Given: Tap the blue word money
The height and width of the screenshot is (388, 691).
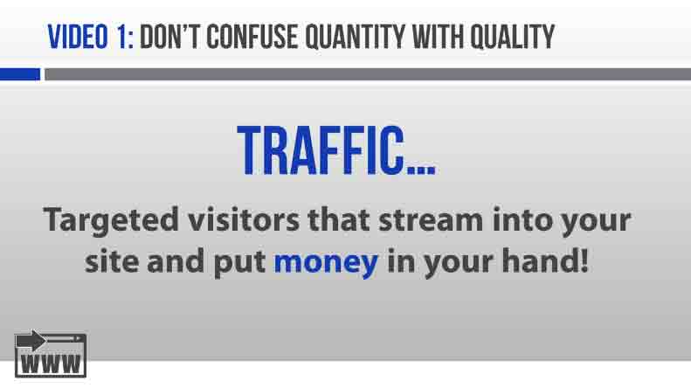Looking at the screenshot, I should pos(326,263).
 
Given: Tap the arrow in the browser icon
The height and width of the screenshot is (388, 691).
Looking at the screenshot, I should pos(31,340).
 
